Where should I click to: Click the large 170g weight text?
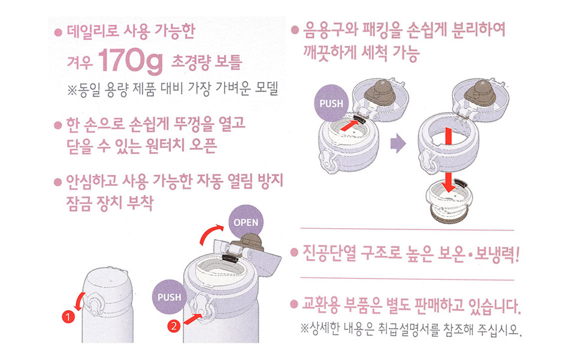131,60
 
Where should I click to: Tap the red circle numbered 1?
68,316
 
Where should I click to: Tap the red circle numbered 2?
174,326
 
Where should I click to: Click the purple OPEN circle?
246,222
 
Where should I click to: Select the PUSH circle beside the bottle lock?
169,297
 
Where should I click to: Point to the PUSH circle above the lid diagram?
331,103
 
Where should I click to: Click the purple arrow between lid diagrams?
398,143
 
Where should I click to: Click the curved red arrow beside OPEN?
210,233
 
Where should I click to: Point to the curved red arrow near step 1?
79,301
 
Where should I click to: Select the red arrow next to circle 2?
192,319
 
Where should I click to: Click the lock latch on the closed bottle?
93,304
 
